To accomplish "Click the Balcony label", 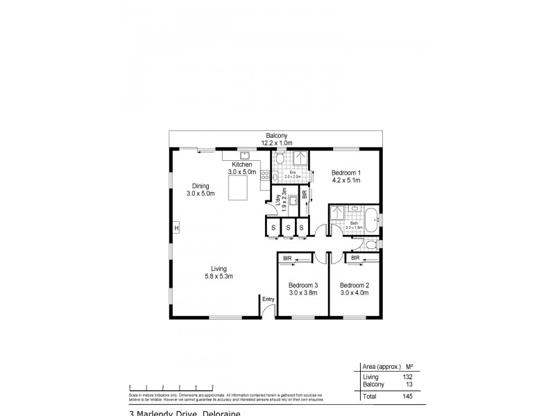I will coord(275,136).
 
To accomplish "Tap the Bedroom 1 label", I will coord(345,173).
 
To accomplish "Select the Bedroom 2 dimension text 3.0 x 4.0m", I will coord(354,293).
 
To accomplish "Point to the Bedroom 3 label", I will coord(303,285).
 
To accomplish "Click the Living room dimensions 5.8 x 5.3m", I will coord(219,276).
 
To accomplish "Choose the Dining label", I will coord(200,186).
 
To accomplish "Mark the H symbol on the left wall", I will coord(176,228).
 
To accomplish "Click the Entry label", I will coord(268,299).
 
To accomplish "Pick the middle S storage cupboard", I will coord(287,227).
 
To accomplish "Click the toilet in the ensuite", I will coord(278,159).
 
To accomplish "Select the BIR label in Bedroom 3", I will coord(287,258).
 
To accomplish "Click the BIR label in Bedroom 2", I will coord(355,258).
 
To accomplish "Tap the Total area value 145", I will coord(407,397).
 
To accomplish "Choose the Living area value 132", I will coord(407,377).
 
